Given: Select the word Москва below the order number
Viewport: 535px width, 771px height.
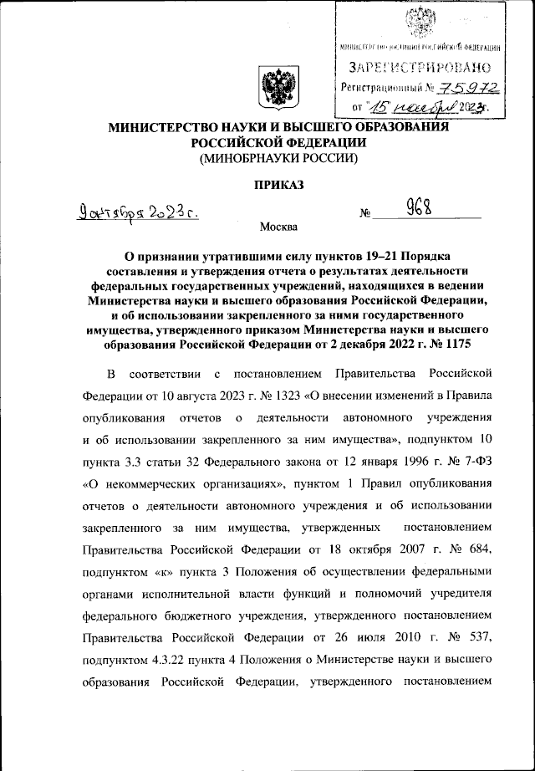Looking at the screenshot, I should (x=278, y=227).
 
